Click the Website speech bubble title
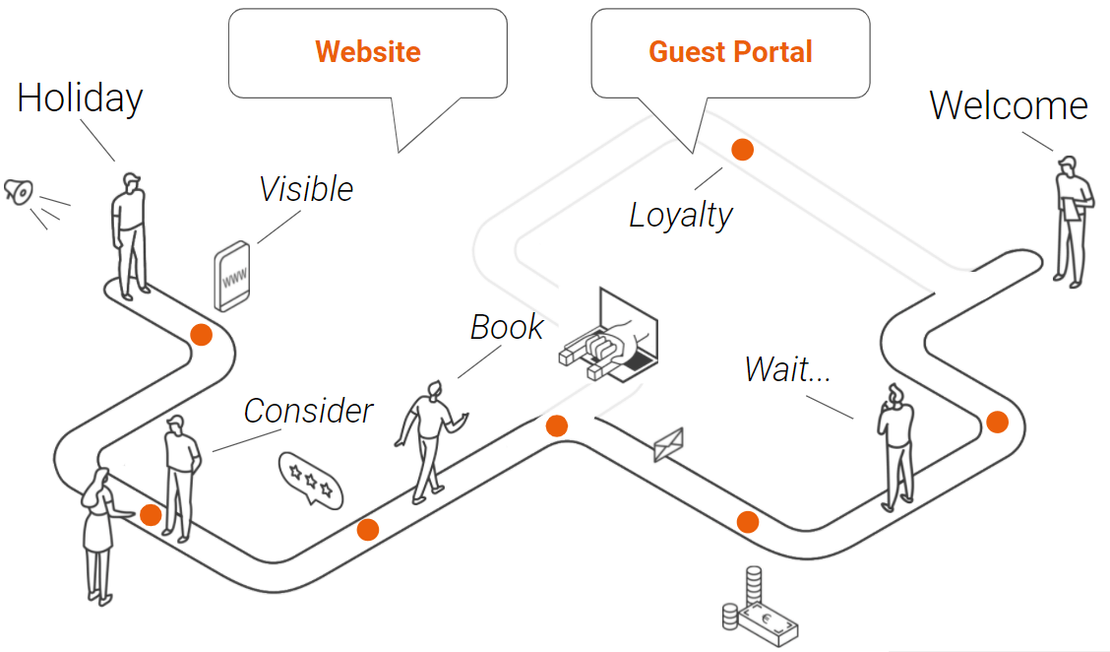[x=368, y=52]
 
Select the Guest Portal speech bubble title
[x=730, y=52]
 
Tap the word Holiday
[x=81, y=98]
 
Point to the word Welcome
[x=1009, y=105]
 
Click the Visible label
[x=306, y=189]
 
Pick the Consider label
[x=309, y=411]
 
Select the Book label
[x=507, y=327]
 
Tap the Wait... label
[x=787, y=369]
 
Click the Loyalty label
[x=681, y=215]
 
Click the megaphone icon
[x=18, y=190]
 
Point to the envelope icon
[x=668, y=445]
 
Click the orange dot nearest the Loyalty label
[x=742, y=150]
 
